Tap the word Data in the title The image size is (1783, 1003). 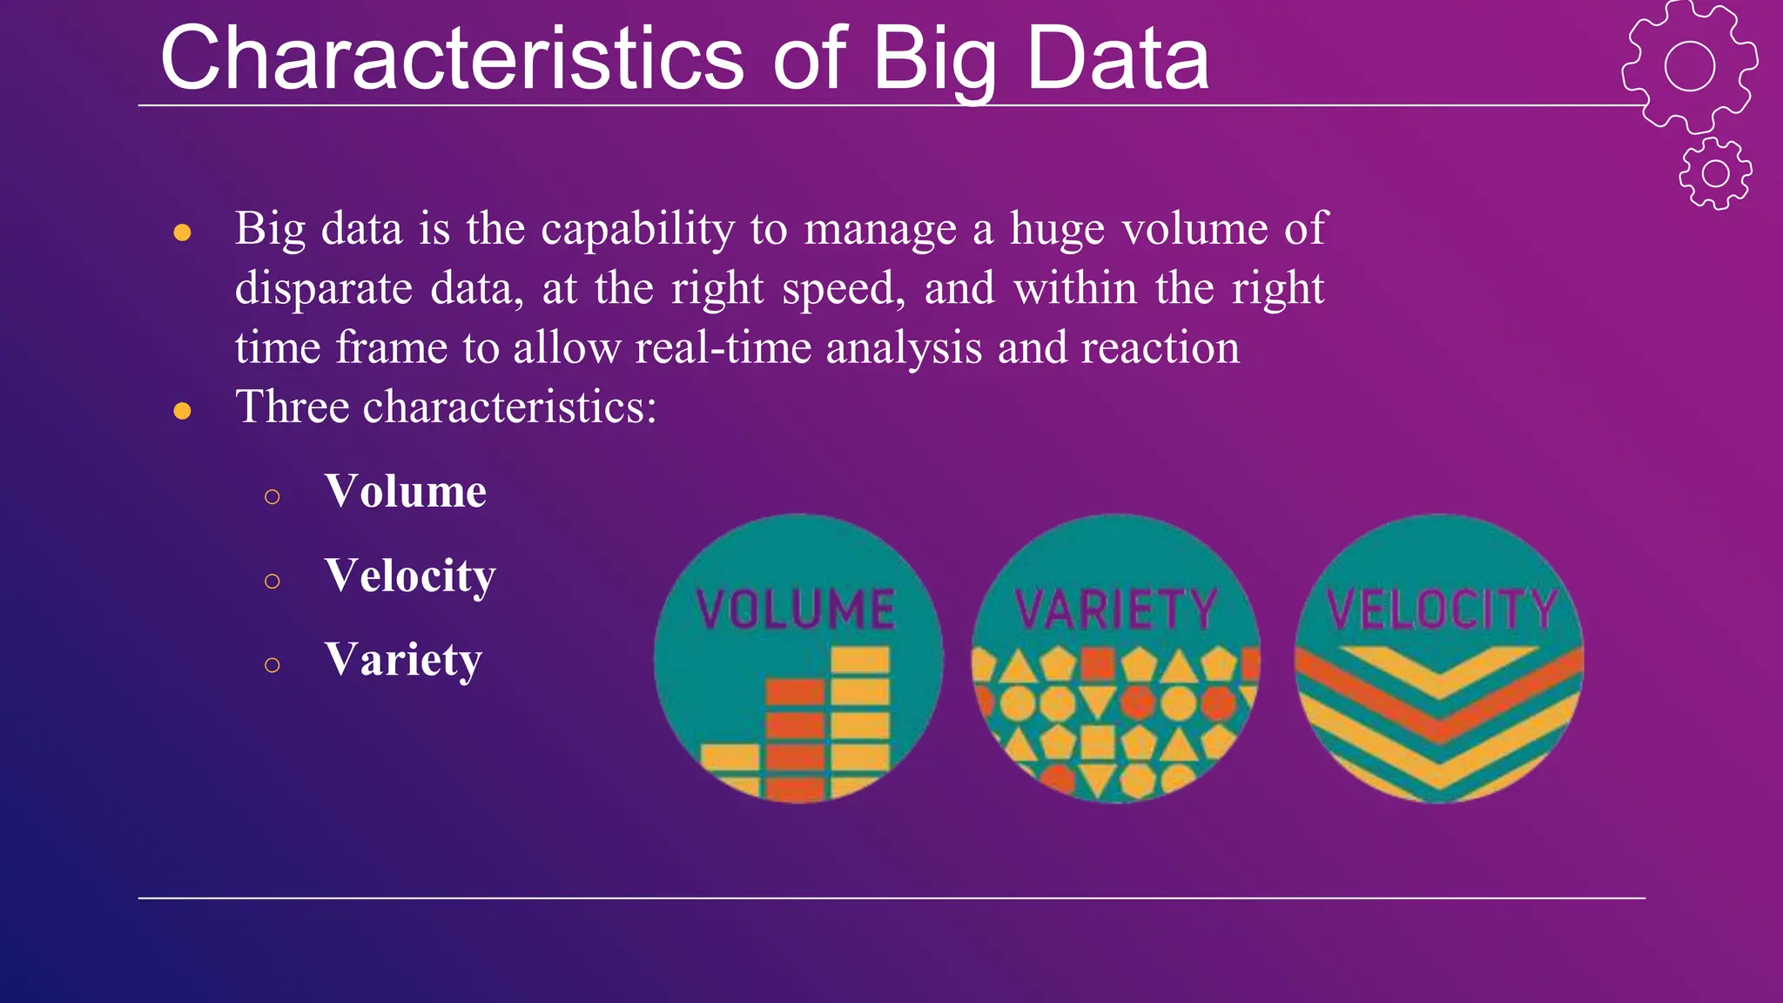tap(1118, 59)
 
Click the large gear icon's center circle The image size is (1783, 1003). tap(1689, 66)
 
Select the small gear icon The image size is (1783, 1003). tap(1715, 173)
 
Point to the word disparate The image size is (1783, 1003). tap(323, 289)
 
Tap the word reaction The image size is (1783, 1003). tap(1160, 348)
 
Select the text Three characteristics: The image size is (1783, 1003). tap(446, 407)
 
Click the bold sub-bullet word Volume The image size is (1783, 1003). tap(405, 492)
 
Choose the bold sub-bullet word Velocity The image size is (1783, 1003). tap(409, 576)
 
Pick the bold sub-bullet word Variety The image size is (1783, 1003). tap(402, 660)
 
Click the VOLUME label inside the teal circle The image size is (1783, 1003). tap(796, 609)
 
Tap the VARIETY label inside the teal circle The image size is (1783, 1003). tap(1115, 609)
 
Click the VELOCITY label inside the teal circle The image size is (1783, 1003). tap(1441, 609)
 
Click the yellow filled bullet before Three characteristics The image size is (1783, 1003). tap(182, 410)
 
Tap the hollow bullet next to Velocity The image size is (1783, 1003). tap(272, 581)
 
